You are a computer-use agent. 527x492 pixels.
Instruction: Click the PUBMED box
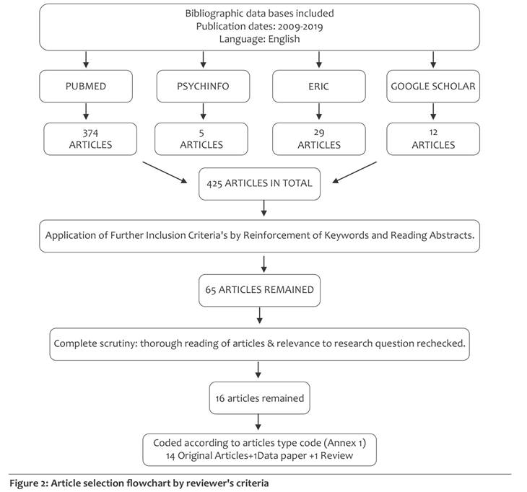86,87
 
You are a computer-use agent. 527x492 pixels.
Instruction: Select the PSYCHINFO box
203,87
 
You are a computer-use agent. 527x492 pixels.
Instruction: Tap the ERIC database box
318,87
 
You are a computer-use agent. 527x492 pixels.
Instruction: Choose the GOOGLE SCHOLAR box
433,87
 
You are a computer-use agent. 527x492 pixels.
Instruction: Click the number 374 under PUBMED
90,133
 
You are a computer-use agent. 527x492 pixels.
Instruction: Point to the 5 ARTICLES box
201,139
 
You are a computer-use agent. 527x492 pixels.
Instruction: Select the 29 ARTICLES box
318,139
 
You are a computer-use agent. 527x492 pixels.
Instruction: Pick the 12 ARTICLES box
433,139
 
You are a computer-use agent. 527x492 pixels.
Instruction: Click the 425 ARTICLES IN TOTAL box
259,184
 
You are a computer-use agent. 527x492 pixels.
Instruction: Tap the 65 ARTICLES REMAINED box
259,291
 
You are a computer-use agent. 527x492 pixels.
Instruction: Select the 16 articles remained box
259,398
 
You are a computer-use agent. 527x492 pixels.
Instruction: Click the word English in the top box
284,39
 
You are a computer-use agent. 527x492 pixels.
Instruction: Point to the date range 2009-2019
300,26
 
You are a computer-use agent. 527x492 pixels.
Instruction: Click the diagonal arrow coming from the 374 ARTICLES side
165,172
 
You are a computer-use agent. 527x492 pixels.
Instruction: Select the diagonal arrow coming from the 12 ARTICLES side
354,172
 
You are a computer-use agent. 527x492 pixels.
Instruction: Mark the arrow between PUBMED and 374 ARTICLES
86,111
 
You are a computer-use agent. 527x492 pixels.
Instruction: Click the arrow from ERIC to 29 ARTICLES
319,111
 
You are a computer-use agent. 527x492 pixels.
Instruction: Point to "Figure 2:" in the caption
29,483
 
